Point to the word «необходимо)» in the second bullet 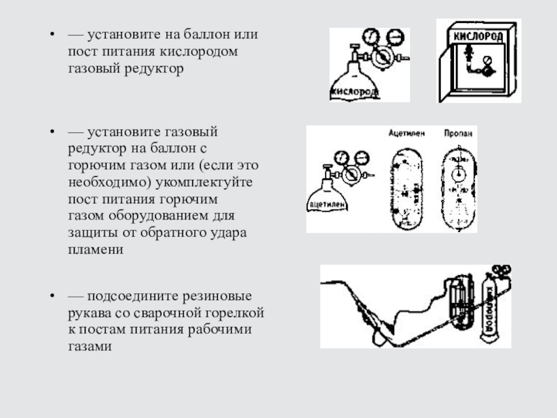point(104,182)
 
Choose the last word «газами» point(89,346)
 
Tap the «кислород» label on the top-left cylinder point(355,91)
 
